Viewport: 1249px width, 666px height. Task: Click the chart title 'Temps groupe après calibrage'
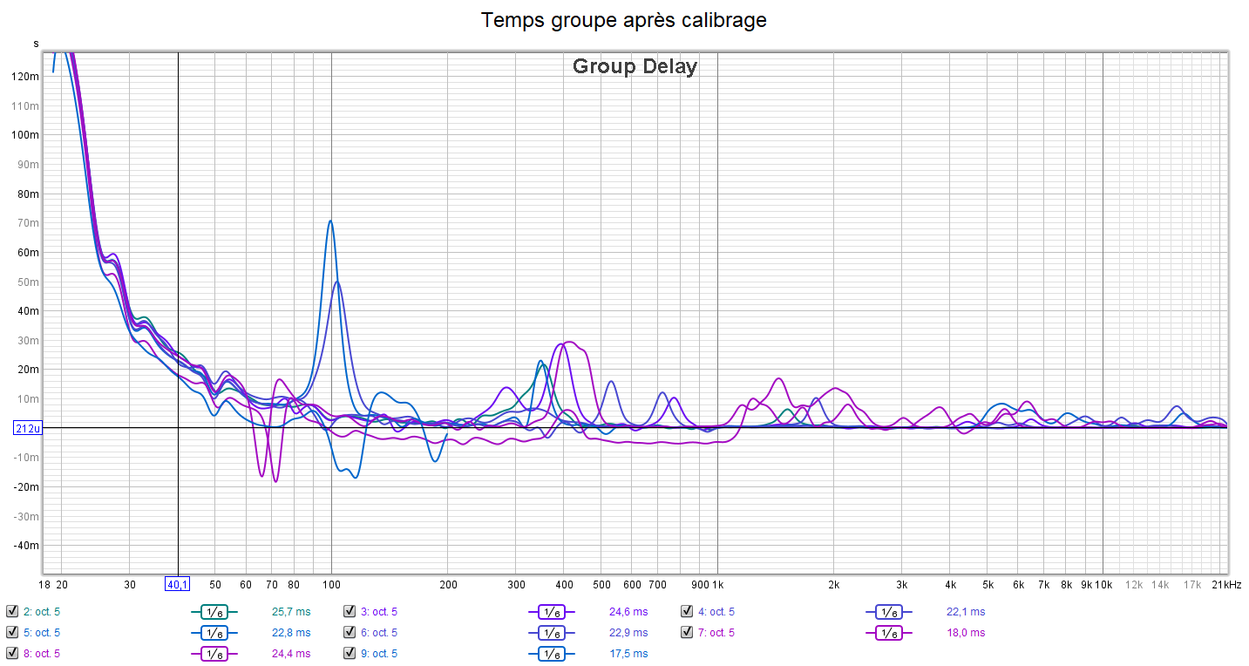(x=624, y=20)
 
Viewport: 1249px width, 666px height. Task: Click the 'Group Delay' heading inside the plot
(x=635, y=66)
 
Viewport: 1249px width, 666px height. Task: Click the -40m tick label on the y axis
(x=26, y=546)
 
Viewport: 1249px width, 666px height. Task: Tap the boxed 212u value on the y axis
(x=26, y=428)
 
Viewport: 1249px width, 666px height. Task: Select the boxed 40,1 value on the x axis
(x=178, y=584)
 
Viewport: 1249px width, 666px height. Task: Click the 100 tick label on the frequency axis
(x=331, y=584)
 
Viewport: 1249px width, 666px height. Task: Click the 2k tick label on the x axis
(x=834, y=584)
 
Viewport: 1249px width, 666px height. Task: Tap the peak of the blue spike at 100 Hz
(x=330, y=221)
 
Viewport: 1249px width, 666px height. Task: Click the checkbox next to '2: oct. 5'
(x=11, y=611)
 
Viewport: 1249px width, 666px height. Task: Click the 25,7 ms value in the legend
(x=291, y=611)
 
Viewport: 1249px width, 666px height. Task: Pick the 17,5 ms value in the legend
(x=628, y=653)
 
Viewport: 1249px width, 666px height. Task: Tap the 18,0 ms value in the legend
(x=966, y=632)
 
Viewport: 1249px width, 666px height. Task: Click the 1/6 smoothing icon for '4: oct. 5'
(x=888, y=611)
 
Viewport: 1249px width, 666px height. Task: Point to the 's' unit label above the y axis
(x=36, y=44)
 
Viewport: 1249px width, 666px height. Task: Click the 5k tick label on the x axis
(x=988, y=584)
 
